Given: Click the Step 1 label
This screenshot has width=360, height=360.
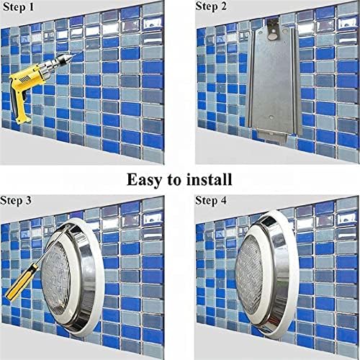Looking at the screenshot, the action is tap(18, 7).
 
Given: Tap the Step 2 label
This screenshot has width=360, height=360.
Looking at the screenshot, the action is tap(211, 6).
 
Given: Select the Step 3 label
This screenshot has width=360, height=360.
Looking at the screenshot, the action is tap(16, 200).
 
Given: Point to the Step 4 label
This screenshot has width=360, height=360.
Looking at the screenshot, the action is tap(211, 200).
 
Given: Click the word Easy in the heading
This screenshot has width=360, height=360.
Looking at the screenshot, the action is tap(144, 180).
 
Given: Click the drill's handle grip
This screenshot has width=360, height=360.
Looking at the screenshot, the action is tap(21, 106).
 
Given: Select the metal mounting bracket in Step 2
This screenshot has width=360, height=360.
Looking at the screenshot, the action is tap(274, 81).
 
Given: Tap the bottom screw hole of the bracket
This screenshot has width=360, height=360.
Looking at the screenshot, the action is tap(271, 117).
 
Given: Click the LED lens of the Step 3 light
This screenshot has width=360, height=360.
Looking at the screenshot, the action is tap(55, 277).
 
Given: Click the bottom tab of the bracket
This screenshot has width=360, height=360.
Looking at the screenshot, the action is tap(272, 137).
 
